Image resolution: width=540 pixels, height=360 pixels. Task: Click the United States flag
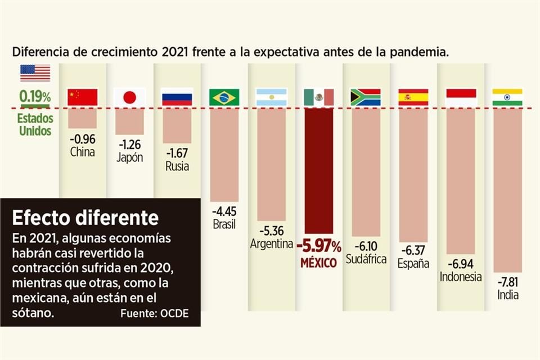35,73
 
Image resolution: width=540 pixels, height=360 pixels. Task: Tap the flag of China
82,97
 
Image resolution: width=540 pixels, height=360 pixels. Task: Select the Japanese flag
129,97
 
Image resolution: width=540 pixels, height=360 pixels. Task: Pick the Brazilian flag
224,97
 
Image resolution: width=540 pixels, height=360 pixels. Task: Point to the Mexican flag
318,97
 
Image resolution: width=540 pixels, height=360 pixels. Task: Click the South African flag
366,97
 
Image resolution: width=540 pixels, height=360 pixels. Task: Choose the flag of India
507,97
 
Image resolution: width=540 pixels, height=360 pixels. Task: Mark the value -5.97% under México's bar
319,246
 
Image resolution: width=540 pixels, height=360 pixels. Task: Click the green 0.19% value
35,96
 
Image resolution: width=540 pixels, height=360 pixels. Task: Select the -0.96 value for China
82,139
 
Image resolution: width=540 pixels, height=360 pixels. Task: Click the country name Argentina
272,244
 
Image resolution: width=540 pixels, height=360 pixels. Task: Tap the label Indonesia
461,277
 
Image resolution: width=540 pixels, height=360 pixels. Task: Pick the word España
413,263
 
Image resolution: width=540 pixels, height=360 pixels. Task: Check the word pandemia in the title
420,52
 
